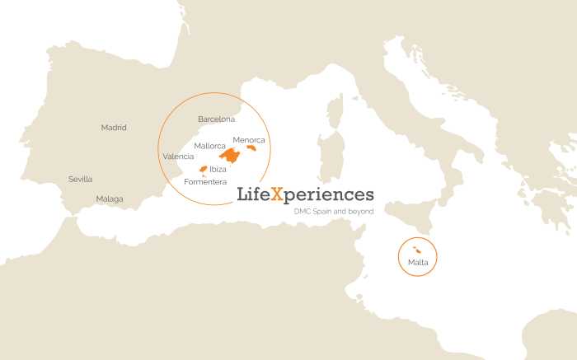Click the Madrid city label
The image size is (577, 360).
pyautogui.click(x=114, y=128)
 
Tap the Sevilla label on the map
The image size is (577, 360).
pyautogui.click(x=81, y=179)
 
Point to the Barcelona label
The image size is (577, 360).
pyautogui.click(x=216, y=119)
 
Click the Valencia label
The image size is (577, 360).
pyautogui.click(x=179, y=157)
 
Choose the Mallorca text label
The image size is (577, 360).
pyautogui.click(x=210, y=146)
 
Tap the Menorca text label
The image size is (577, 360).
pyautogui.click(x=249, y=139)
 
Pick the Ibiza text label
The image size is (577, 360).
pyautogui.click(x=218, y=169)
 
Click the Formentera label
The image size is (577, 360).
pyautogui.click(x=205, y=181)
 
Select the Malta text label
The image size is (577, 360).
pyautogui.click(x=418, y=263)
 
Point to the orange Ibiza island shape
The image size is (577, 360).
pyautogui.click(x=203, y=169)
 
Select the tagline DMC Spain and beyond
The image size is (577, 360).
pyautogui.click(x=334, y=212)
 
